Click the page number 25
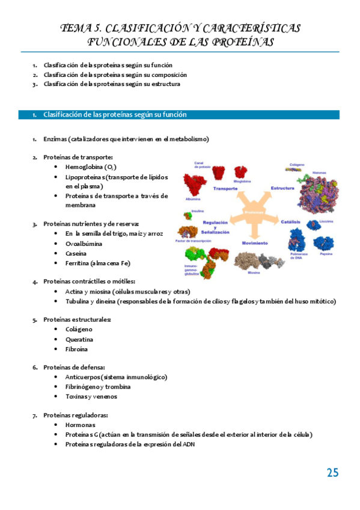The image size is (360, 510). point(332,473)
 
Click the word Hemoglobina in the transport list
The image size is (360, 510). point(84,167)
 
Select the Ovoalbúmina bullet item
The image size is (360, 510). point(84,244)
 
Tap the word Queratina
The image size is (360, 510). point(79,339)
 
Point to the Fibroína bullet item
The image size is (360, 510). point(76,349)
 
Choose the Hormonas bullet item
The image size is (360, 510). point(80,425)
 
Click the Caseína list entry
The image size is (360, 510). point(76,253)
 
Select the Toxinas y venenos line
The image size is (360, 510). point(91,396)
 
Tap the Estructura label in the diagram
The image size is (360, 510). point(282,188)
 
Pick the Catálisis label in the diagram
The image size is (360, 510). point(290,222)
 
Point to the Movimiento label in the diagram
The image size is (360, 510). point(255,243)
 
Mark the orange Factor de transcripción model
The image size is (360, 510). point(188,232)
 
